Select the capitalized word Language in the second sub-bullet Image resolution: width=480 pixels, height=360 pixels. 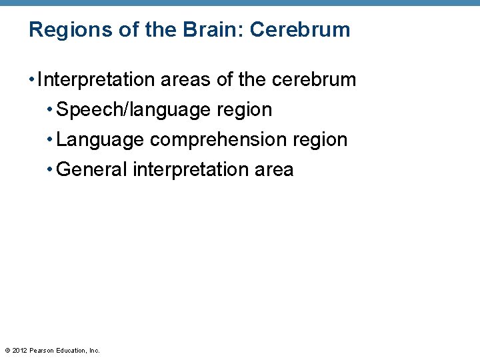pyautogui.click(x=100, y=140)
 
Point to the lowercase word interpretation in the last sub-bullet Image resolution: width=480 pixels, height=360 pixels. pyautogui.click(x=191, y=170)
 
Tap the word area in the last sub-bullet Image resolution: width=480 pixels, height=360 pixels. pyautogui.click(x=274, y=171)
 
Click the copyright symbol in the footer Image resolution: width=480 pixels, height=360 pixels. pyautogui.click(x=7, y=350)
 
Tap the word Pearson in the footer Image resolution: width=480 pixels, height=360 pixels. pyautogui.click(x=43, y=350)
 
